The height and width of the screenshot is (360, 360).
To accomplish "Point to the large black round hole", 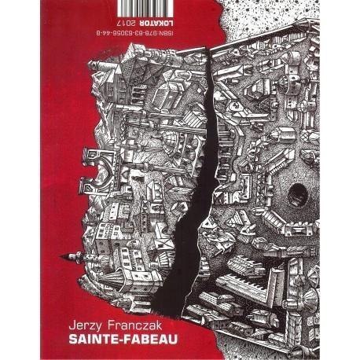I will (296, 192).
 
